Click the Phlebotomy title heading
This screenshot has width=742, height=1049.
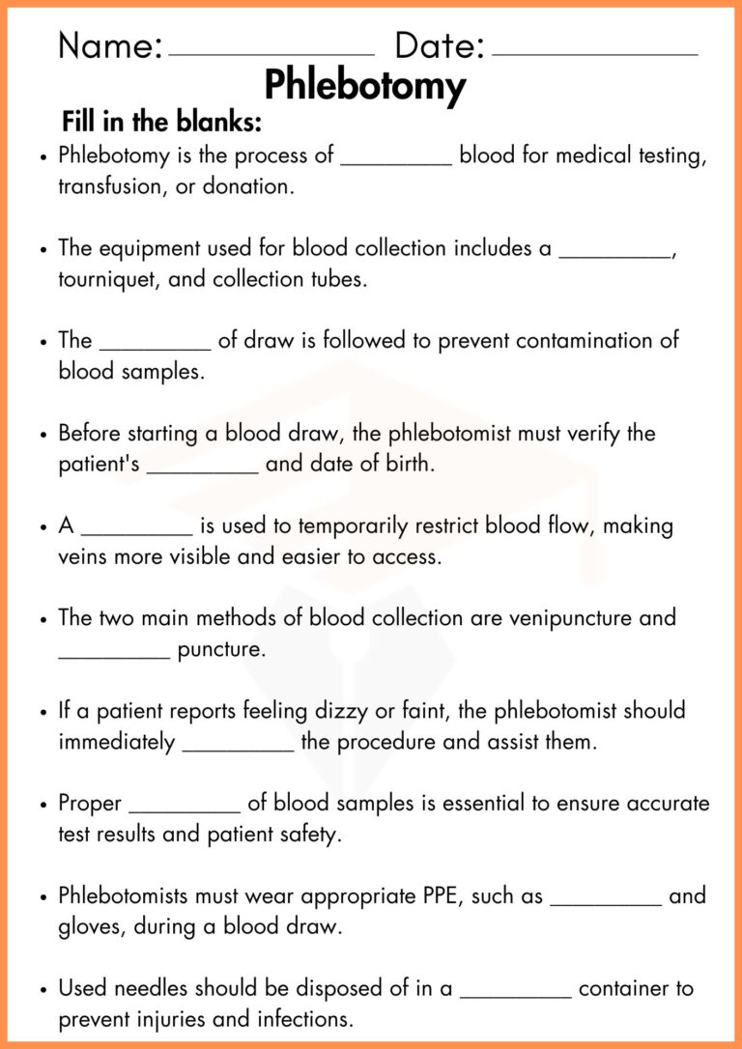click(364, 86)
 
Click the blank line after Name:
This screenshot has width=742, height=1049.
click(271, 54)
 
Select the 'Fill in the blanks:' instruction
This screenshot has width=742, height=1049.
click(162, 123)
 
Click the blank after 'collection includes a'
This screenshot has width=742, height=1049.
click(615, 255)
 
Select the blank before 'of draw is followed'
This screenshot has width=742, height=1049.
click(155, 348)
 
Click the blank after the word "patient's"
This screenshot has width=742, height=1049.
click(203, 471)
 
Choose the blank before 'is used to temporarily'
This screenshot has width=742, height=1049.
click(137, 533)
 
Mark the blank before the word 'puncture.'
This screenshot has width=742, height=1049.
click(114, 657)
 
